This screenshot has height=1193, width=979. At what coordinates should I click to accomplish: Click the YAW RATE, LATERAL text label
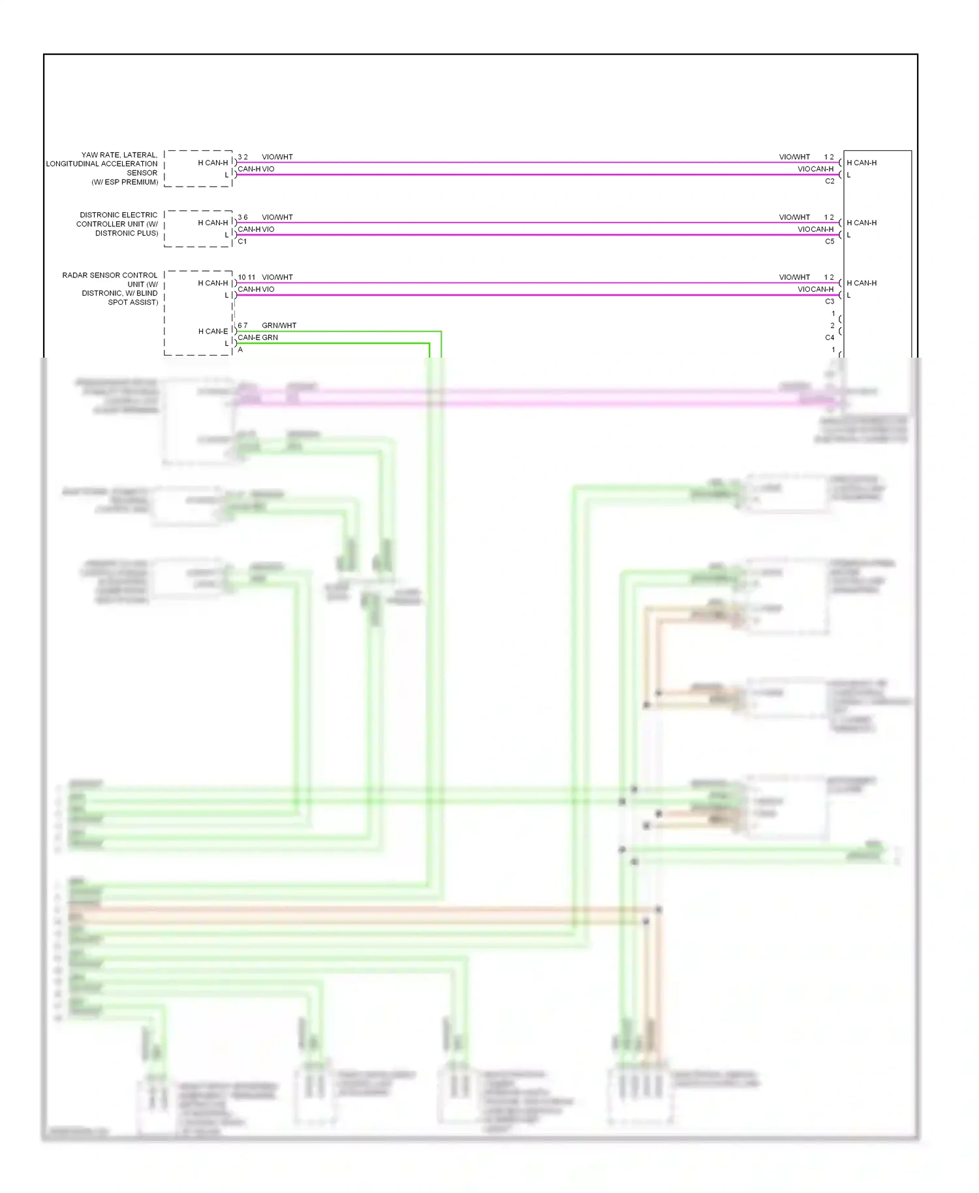pos(119,155)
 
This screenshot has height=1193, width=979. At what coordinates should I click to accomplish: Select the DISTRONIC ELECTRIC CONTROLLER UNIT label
pos(117,224)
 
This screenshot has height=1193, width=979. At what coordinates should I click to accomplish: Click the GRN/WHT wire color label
pos(279,326)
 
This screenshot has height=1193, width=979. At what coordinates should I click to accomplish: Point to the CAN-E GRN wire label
pos(258,337)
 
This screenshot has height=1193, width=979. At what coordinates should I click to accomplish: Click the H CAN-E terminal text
pos(213,332)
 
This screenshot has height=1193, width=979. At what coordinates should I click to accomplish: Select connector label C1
pos(242,241)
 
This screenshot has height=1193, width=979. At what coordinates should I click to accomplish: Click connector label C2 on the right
pos(830,181)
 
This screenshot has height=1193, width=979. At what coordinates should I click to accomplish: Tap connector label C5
pos(830,241)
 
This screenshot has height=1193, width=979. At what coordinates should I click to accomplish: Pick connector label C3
pos(830,302)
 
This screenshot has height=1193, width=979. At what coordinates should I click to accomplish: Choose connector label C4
pos(830,337)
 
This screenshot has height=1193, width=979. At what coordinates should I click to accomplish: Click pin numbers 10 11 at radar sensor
pos(247,277)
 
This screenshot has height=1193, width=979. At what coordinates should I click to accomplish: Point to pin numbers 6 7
pos(242,326)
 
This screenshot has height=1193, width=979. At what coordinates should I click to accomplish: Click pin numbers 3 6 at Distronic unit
pos(242,217)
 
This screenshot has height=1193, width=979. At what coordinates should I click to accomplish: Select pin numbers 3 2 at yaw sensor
pos(242,157)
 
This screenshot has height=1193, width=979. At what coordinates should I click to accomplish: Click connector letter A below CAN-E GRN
pos(240,350)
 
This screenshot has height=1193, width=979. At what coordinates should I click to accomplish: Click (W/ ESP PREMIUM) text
pos(125,182)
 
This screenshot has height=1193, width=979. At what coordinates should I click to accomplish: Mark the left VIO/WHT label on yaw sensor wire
pos(277,157)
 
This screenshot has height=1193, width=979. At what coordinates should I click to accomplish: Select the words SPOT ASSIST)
pos(133,302)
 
